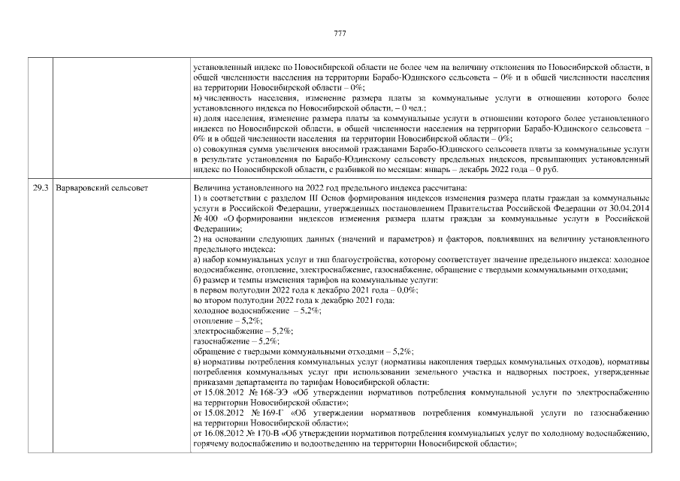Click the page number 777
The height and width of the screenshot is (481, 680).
(x=340, y=33)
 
